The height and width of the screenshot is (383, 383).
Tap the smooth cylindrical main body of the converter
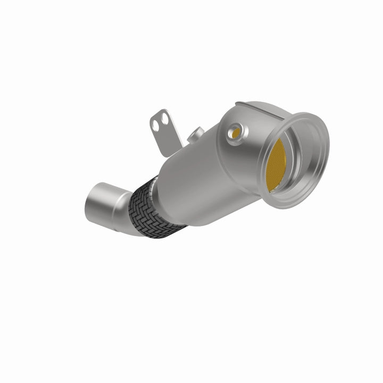coord(202,176)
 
